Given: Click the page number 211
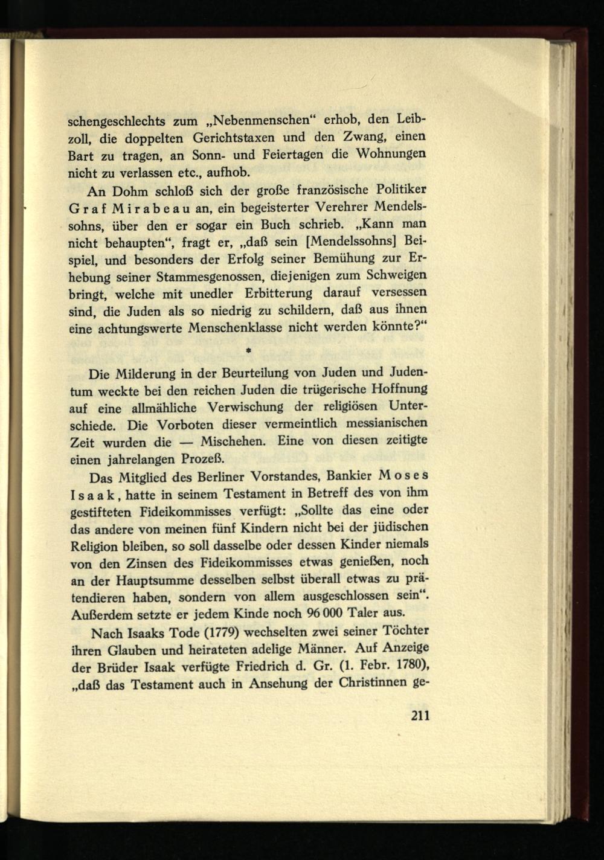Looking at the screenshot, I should [x=419, y=717].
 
